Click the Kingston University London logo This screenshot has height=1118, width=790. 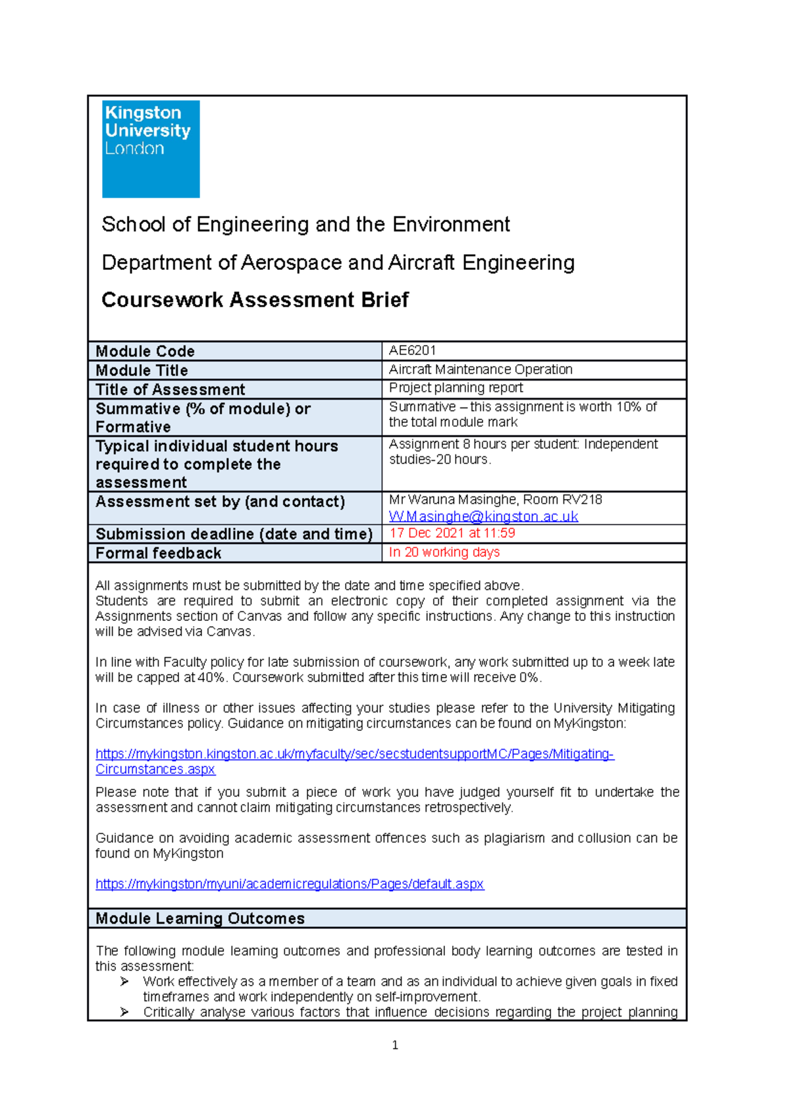tap(151, 149)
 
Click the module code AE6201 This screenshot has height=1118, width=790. tap(412, 350)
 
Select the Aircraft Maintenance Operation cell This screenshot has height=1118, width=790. tap(481, 369)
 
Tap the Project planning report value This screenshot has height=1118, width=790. tap(456, 388)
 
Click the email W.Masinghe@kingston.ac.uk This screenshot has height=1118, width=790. tap(483, 517)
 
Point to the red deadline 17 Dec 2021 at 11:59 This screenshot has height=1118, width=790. tap(452, 533)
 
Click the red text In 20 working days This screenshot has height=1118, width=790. tap(444, 552)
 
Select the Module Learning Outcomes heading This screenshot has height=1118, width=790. tap(200, 918)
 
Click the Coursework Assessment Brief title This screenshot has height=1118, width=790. tap(255, 300)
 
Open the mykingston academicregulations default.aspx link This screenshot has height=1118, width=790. tap(290, 884)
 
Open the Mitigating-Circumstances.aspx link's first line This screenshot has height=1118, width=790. tap(354, 754)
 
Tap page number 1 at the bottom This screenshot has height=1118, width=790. tap(394, 1046)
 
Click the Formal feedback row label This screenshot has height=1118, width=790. tap(158, 553)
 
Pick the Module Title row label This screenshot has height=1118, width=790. tap(142, 370)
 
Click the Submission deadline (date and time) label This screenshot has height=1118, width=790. tap(234, 534)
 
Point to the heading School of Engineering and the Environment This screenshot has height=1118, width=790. tap(305, 225)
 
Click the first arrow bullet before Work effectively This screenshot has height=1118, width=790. tap(124, 982)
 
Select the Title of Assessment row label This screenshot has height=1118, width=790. tap(170, 389)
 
